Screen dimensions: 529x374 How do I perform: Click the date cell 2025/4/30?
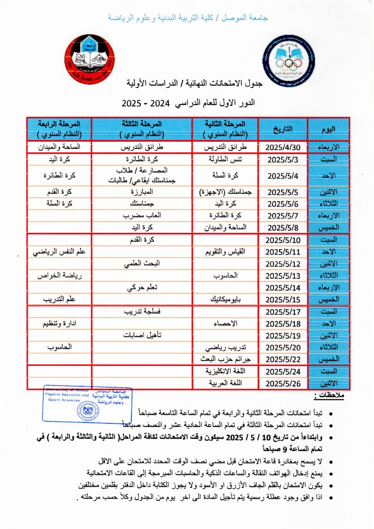tap(283, 147)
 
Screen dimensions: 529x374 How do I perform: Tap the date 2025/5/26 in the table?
tap(283, 384)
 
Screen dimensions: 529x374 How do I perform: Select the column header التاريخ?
tap(283, 129)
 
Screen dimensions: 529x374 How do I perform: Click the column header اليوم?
tap(328, 129)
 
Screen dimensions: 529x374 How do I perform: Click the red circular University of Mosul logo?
tap(89, 59)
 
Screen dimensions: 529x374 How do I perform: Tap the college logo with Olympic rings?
tap(289, 61)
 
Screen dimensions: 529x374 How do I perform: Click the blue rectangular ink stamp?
tap(87, 404)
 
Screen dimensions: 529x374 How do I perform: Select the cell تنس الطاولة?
tap(225, 159)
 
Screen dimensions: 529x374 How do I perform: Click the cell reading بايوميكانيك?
tap(225, 299)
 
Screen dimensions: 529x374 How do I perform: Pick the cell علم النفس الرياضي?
tap(59, 252)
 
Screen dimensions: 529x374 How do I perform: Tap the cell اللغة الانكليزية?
tap(225, 371)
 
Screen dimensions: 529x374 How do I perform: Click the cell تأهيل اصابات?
tap(142, 335)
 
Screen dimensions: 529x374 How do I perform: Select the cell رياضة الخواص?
tap(59, 276)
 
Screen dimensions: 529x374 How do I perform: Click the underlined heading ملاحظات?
tap(328, 396)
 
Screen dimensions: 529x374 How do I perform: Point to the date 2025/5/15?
tap(283, 300)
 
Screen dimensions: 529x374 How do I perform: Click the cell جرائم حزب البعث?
tap(225, 359)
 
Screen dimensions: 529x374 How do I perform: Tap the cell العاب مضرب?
tap(142, 215)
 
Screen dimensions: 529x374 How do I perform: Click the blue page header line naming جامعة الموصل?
tap(188, 18)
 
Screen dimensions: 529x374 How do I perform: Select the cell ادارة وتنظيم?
tap(59, 323)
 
